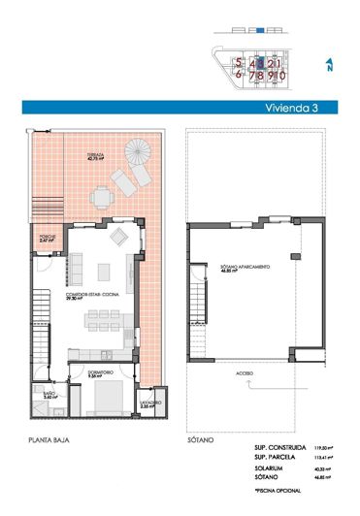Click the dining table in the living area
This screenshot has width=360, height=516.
click(x=102, y=317)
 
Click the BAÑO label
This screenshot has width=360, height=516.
click(x=49, y=393)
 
